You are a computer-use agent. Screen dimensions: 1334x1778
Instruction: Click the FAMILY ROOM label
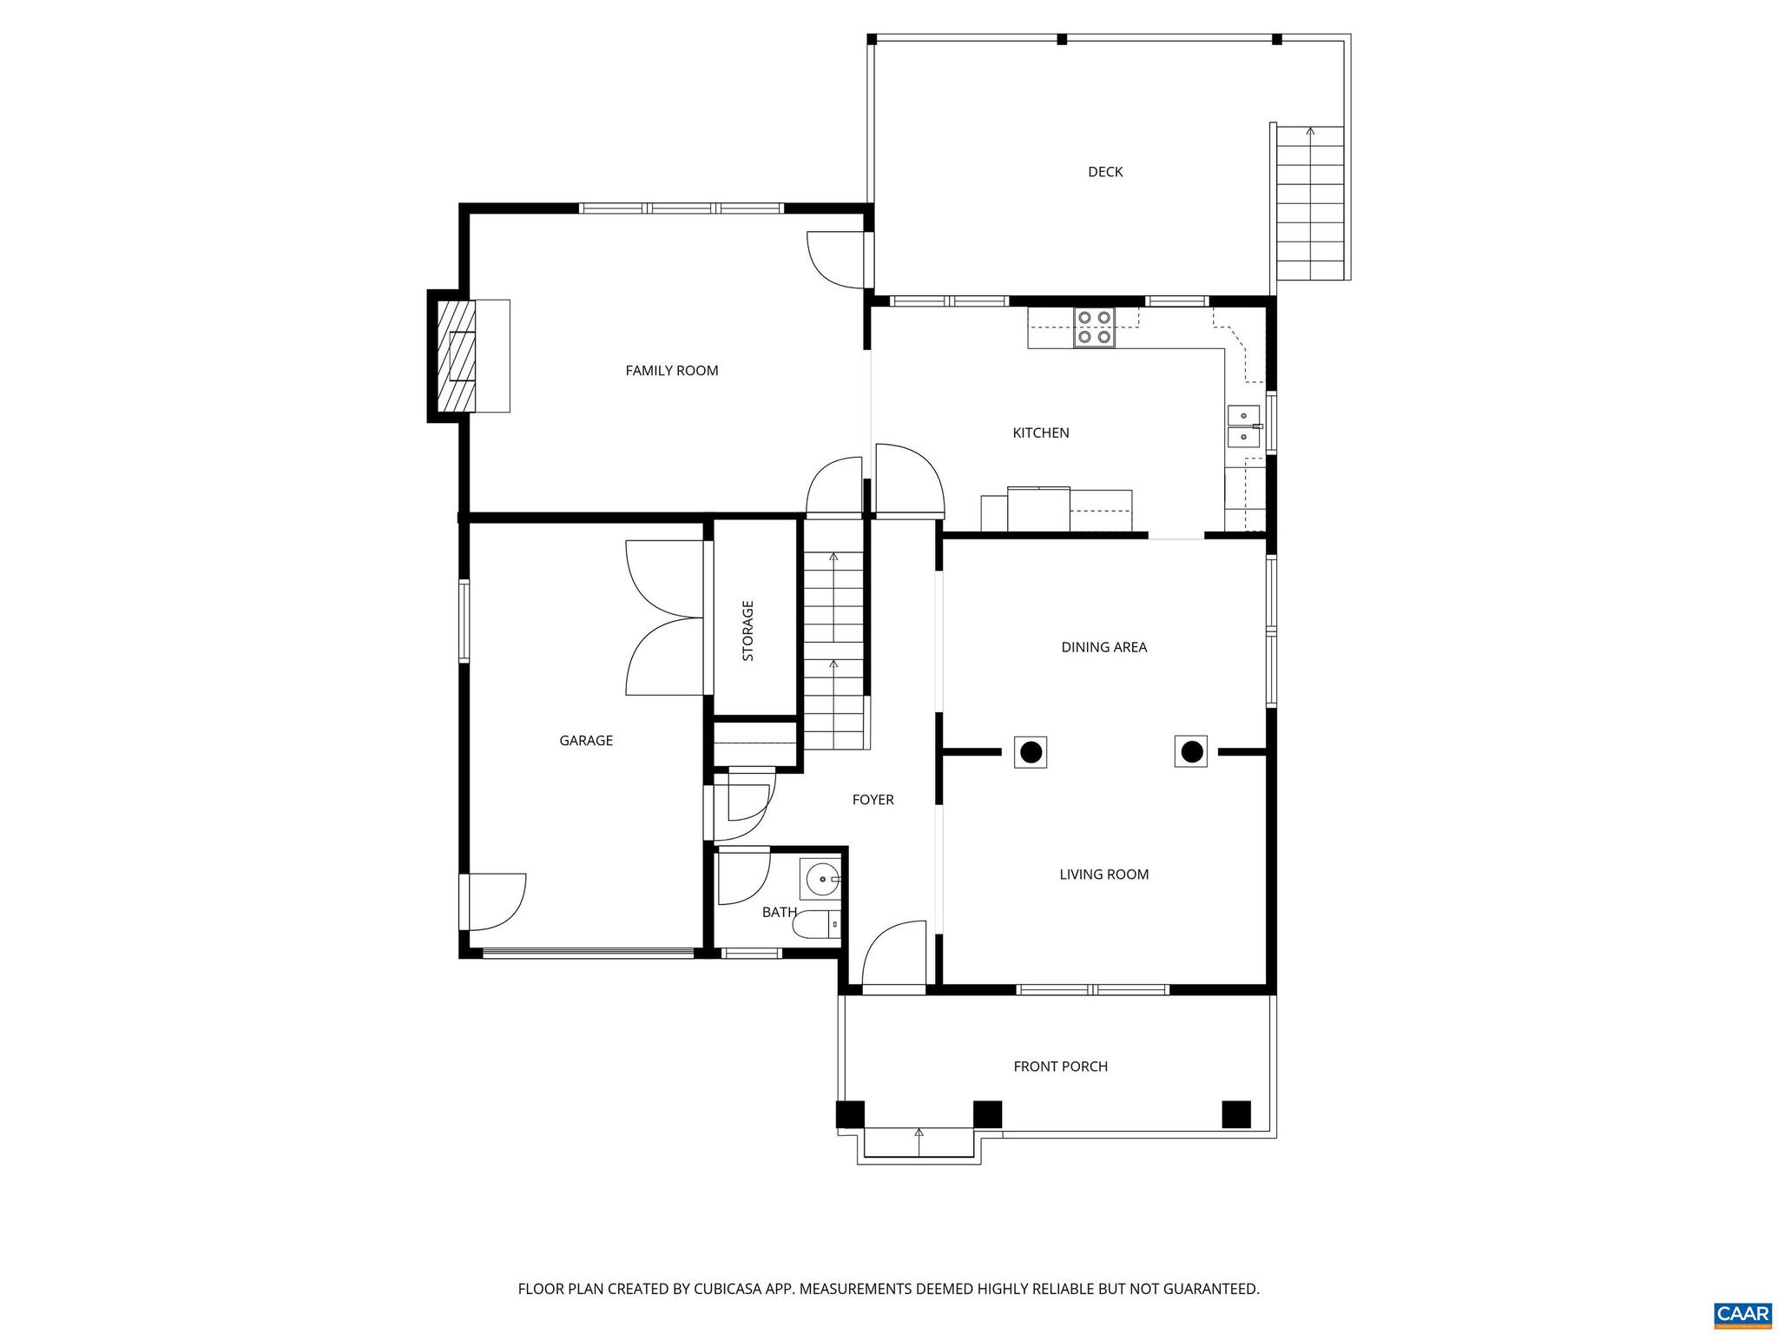(671, 371)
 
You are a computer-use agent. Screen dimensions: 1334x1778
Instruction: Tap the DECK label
(1104, 172)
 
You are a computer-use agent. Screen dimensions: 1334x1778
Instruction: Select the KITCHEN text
(1040, 433)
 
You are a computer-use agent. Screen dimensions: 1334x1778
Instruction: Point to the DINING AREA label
(1103, 647)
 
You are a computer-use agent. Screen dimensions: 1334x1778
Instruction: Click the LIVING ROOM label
(1103, 875)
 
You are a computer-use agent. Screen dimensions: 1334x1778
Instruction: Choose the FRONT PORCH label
(1060, 1067)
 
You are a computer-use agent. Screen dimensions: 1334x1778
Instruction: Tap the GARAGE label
(585, 741)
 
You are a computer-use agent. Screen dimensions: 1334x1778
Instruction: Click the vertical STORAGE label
(747, 631)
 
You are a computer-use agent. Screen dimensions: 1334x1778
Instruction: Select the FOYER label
(873, 800)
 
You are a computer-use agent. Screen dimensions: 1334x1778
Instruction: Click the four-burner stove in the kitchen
(1094, 327)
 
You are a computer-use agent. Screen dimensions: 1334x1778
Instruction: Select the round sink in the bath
(820, 881)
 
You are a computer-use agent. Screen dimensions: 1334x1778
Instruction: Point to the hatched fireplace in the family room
(456, 356)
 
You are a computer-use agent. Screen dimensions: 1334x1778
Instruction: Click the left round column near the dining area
(1031, 752)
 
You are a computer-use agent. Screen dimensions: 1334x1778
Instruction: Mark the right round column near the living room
(1190, 751)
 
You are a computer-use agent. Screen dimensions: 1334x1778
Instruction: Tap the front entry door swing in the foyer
(894, 955)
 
